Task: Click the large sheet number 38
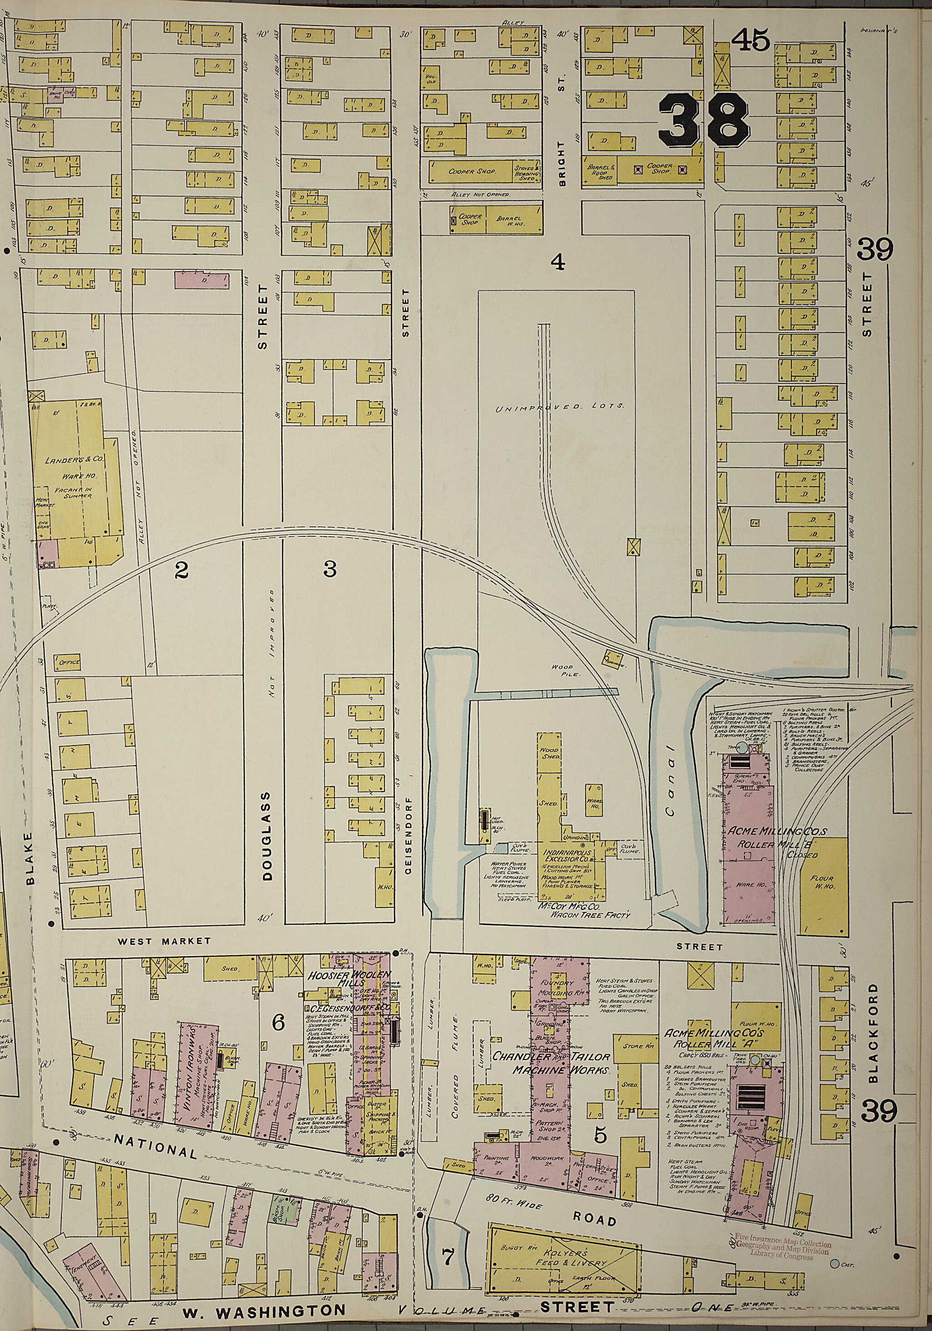pyautogui.click(x=704, y=120)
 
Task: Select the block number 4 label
pyautogui.click(x=557, y=262)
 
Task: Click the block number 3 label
pyautogui.click(x=329, y=570)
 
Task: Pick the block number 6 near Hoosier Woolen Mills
pyautogui.click(x=279, y=1023)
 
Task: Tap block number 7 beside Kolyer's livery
pyautogui.click(x=448, y=1252)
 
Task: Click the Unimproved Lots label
pyautogui.click(x=560, y=408)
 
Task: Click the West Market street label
pyautogui.click(x=164, y=941)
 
